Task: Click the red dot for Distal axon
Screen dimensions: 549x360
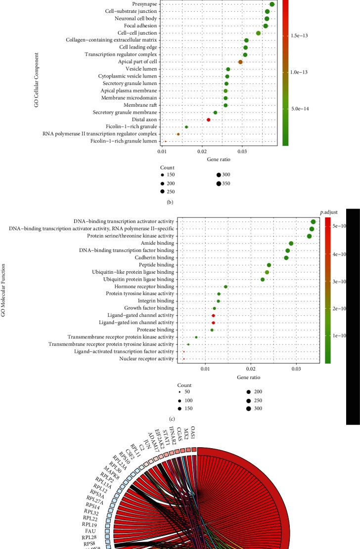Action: (209, 120)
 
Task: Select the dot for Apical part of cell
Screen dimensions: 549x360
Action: (240, 62)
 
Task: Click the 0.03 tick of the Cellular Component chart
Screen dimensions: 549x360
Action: (242, 151)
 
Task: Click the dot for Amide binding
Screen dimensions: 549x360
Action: (291, 243)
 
